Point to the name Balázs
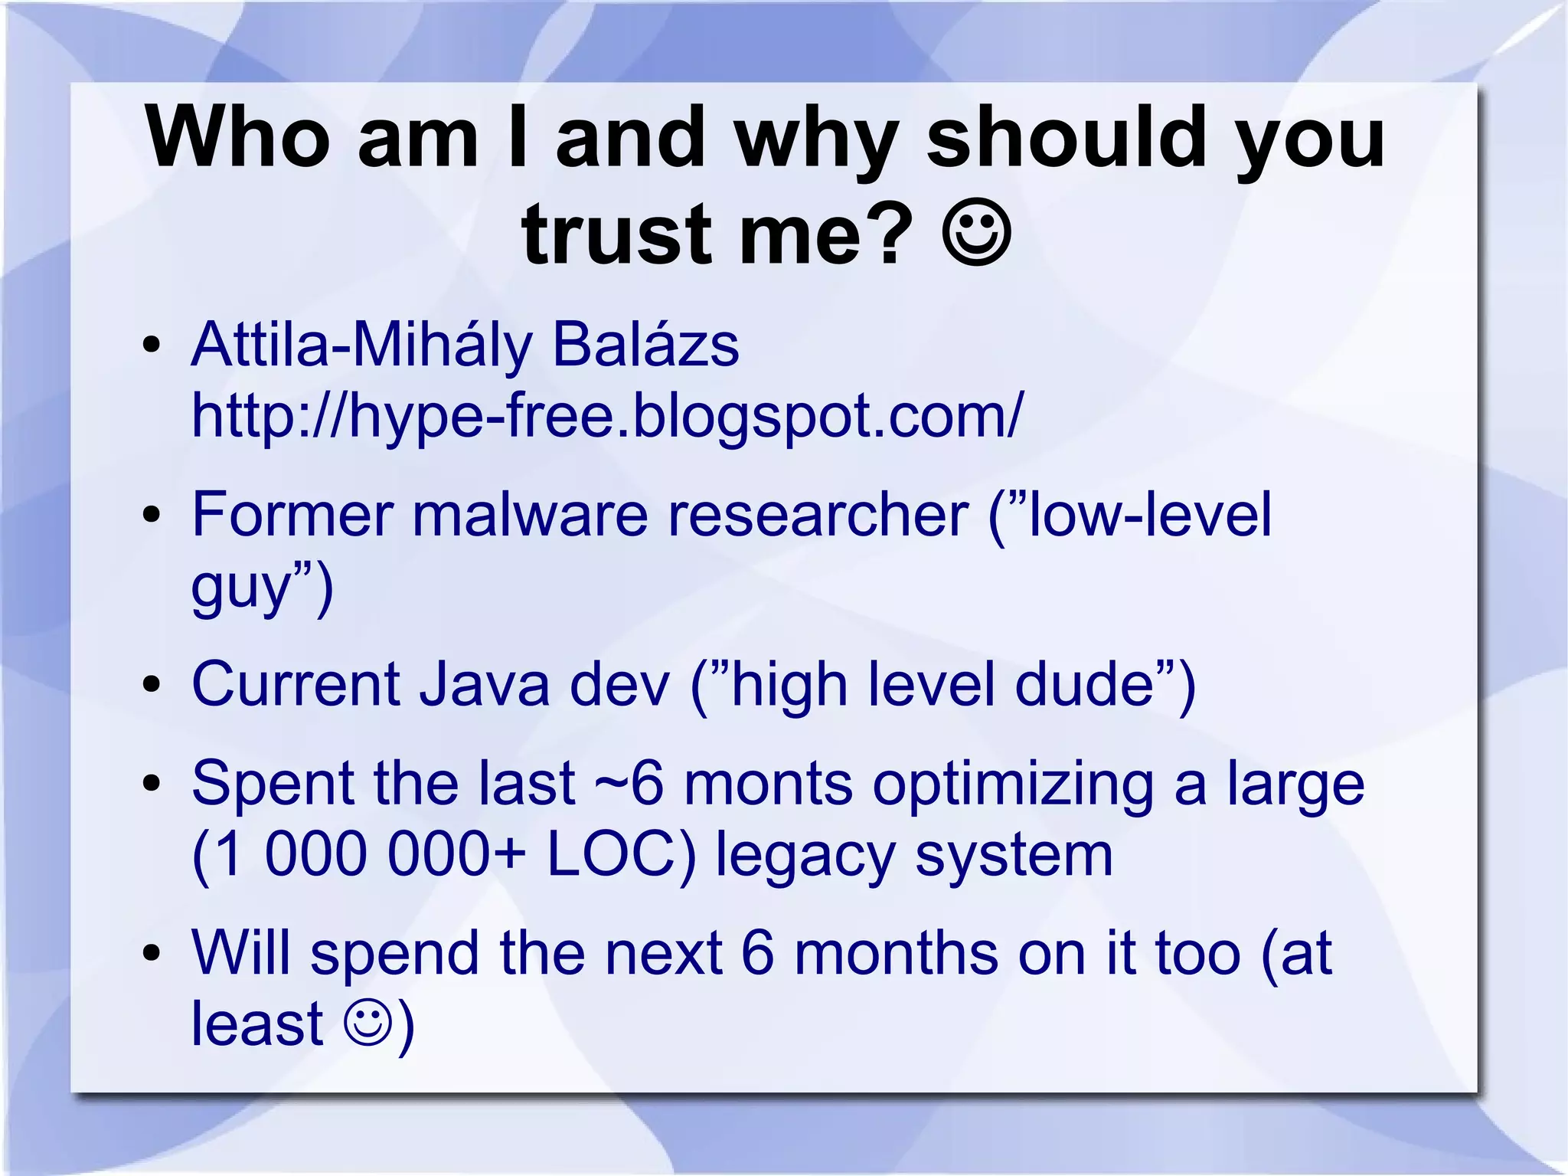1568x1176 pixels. (645, 345)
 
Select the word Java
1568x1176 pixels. (484, 683)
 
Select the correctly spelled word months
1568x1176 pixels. (896, 953)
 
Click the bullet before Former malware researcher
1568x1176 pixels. (152, 515)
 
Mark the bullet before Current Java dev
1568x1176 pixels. (152, 684)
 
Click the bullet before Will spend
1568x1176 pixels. (152, 954)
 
